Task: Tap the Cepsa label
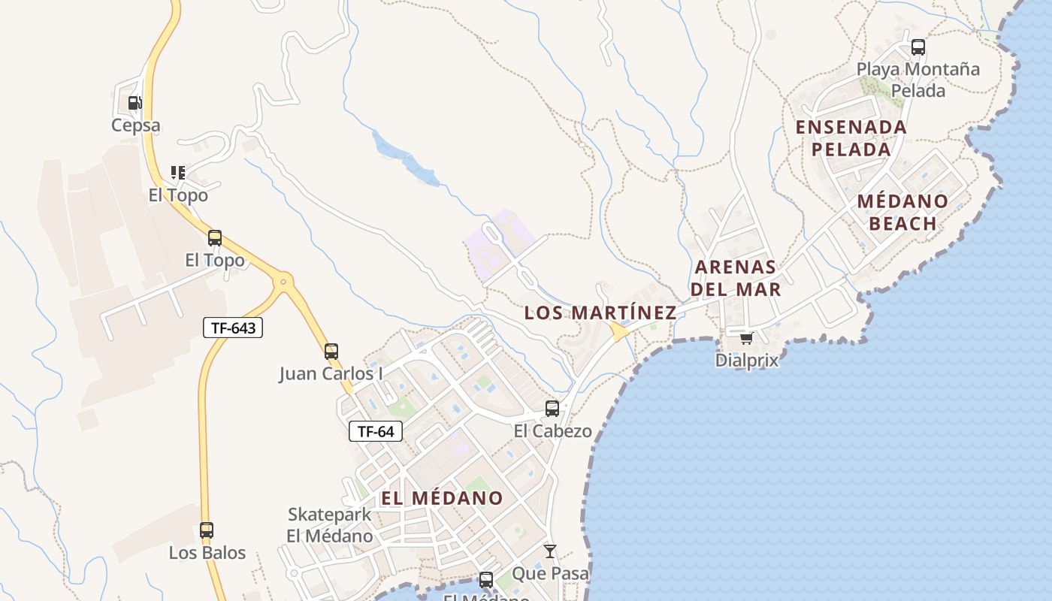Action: click(x=136, y=125)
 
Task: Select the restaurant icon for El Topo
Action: click(x=177, y=173)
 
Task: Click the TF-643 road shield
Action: click(x=233, y=328)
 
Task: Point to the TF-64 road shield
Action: click(x=376, y=431)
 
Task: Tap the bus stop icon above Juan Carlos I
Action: click(x=331, y=351)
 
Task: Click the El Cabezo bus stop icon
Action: click(x=552, y=409)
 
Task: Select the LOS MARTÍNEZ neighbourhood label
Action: click(x=600, y=313)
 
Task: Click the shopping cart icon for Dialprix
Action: click(x=746, y=338)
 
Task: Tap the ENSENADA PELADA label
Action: click(x=851, y=138)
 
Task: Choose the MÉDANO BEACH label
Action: click(x=902, y=213)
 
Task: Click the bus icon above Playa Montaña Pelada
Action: click(x=918, y=47)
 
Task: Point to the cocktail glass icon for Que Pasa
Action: click(x=550, y=551)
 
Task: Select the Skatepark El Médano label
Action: click(x=330, y=525)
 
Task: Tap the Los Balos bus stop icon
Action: click(x=207, y=530)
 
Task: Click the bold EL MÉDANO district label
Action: click(x=442, y=498)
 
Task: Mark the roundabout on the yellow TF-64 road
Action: click(x=283, y=283)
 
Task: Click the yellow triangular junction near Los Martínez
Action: click(x=619, y=331)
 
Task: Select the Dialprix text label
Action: click(x=746, y=360)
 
